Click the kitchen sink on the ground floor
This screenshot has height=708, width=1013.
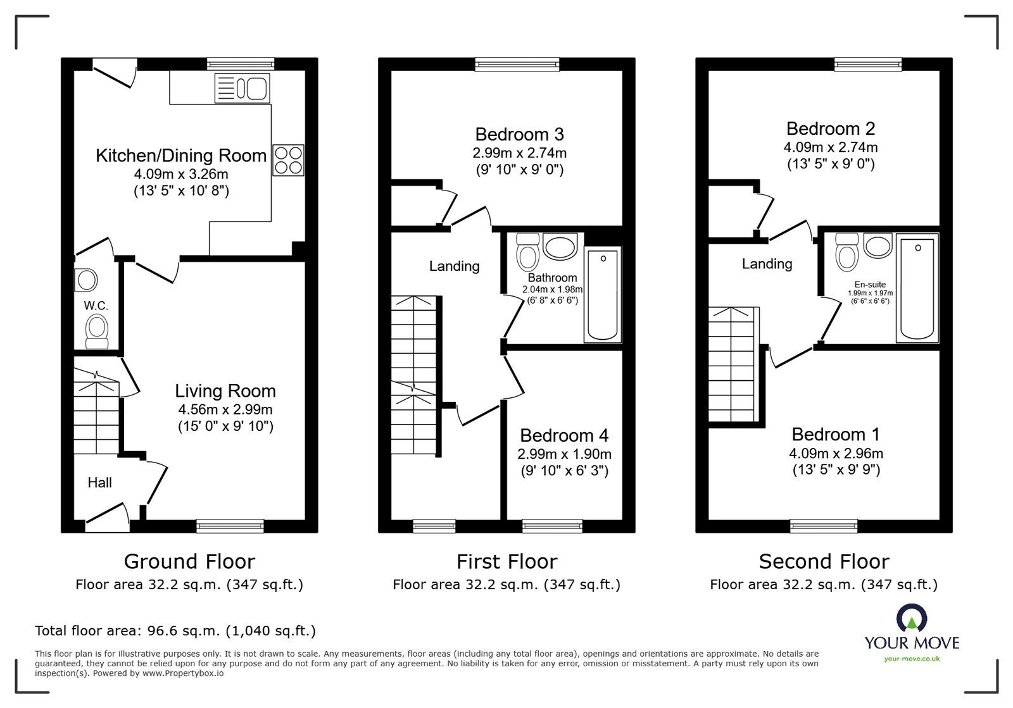click(242, 87)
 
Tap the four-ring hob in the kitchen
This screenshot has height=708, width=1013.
click(288, 159)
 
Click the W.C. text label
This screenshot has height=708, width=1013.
click(96, 306)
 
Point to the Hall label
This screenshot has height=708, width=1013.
click(99, 483)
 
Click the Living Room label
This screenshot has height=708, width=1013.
click(225, 391)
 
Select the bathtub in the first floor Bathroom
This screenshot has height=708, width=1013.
click(603, 294)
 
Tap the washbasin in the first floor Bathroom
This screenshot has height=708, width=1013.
click(560, 247)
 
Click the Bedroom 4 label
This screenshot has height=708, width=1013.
click(564, 435)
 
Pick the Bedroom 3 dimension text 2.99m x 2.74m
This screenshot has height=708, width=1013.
click(519, 152)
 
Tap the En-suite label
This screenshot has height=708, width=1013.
click(870, 285)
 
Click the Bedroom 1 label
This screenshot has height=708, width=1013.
click(836, 435)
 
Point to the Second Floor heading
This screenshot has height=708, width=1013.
click(824, 561)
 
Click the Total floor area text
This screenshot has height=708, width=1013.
click(175, 631)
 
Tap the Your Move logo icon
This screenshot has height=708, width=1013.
click(911, 618)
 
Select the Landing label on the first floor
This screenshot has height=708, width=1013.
click(454, 266)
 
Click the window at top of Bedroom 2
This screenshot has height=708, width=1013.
click(868, 63)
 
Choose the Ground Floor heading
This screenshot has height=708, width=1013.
click(189, 561)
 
